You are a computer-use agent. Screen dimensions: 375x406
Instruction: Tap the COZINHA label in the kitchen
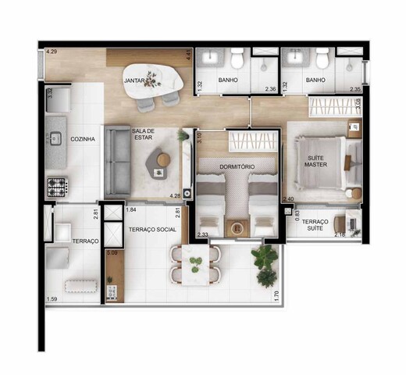click(83, 139)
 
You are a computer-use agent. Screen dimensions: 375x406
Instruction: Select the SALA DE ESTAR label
click(144, 134)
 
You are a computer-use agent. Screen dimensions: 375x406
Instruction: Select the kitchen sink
click(56, 139)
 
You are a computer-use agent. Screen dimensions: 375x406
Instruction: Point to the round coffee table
click(162, 159)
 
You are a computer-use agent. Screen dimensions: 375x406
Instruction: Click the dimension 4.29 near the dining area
click(52, 52)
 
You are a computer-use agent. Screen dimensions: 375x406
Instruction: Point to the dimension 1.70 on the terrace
click(277, 295)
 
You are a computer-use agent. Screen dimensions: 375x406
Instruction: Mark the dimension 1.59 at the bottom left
click(52, 300)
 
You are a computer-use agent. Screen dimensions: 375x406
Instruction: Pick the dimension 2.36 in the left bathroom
click(271, 89)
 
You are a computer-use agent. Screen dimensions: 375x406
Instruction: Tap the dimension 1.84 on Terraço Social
click(131, 211)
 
